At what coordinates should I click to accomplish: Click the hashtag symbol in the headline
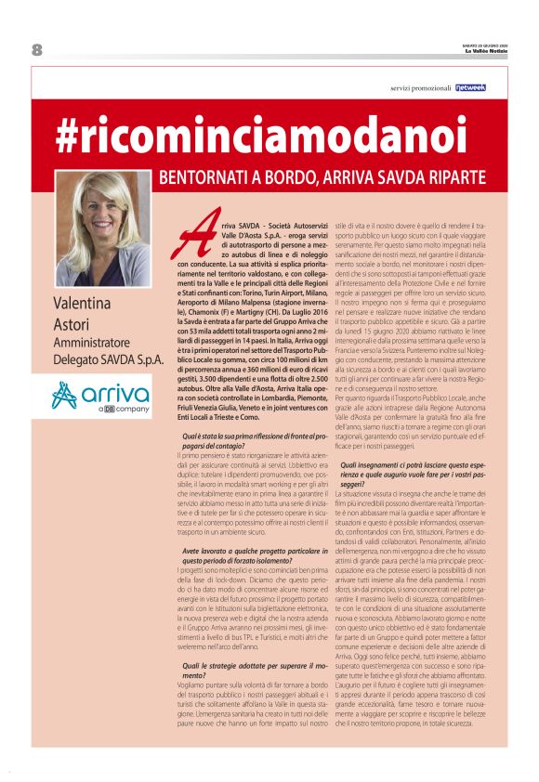(68, 136)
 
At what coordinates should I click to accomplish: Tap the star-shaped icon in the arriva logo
(66, 397)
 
